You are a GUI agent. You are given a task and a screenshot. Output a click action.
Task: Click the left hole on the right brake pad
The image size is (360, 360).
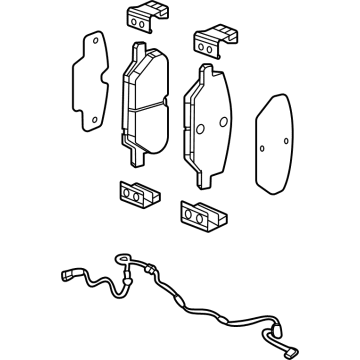coord(199,127)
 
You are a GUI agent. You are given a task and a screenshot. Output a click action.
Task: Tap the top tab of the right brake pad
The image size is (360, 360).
coord(206,69)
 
